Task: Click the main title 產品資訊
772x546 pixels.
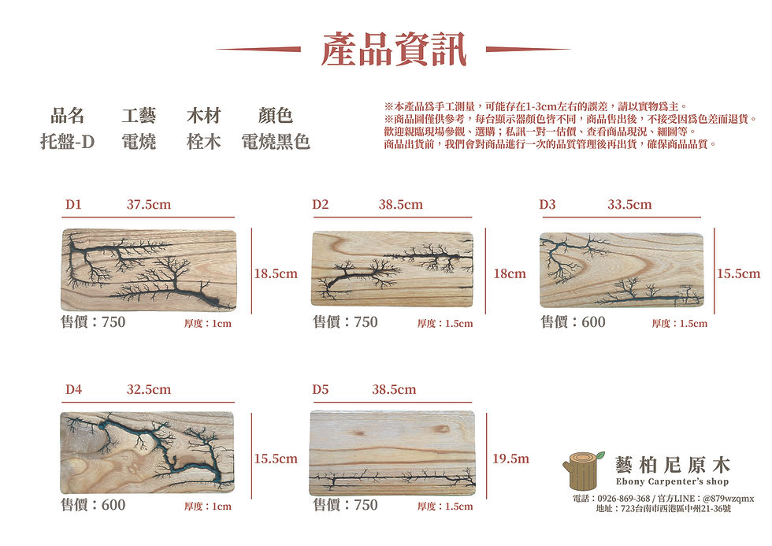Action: pos(393,49)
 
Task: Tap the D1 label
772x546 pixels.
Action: pos(73,204)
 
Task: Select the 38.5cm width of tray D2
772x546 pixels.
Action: pos(401,204)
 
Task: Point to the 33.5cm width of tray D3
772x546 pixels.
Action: pos(629,204)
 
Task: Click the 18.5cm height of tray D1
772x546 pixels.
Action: pos(276,273)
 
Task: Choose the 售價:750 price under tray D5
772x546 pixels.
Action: pos(346,505)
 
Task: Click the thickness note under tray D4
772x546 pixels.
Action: pos(208,506)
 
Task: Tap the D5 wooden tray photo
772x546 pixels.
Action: pos(392,453)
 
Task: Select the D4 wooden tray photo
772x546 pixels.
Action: pos(147,452)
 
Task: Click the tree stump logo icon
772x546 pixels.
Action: pos(584,470)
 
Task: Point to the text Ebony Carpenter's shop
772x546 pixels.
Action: pos(672,481)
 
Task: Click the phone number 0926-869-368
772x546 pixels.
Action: pos(624,498)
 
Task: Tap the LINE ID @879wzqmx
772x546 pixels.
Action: pos(728,498)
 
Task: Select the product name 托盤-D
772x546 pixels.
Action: pos(68,142)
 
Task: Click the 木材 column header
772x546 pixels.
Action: pos(203,116)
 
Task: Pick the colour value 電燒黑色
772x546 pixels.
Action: pos(275,142)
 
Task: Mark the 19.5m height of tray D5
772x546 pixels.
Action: pos(511,459)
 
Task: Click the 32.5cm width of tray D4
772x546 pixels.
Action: pos(149,389)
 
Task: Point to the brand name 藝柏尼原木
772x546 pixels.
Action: pos(673,465)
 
